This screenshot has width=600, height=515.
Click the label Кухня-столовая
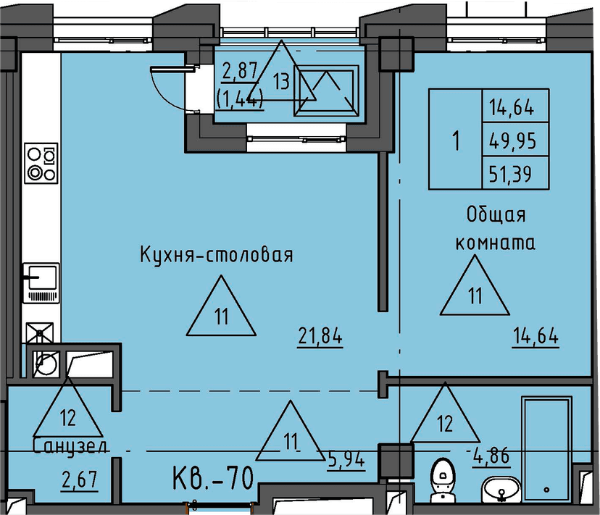(216, 255)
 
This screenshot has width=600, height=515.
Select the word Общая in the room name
(496, 215)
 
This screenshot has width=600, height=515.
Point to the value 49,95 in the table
(512, 141)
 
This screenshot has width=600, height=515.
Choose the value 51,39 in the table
(512, 174)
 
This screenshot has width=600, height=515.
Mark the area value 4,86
(492, 457)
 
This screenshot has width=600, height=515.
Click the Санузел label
(70, 447)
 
